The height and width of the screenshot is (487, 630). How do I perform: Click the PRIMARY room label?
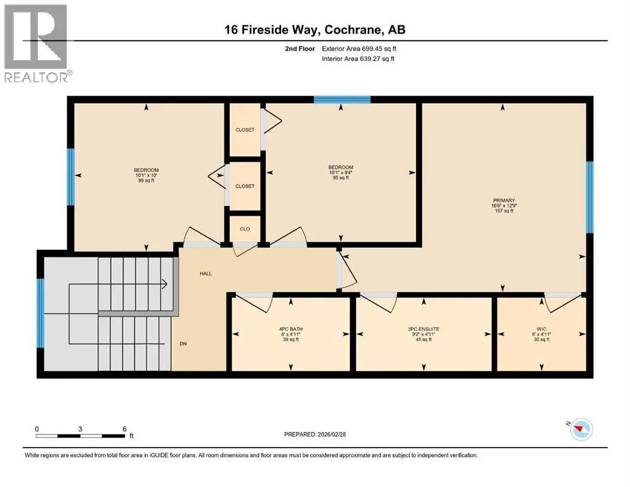504,200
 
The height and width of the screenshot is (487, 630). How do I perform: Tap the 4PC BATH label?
291,329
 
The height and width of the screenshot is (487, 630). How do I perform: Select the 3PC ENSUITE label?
423,329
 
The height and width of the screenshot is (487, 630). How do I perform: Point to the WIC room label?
541,329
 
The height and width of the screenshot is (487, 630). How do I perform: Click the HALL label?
206,273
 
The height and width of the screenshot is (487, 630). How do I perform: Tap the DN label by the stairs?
183,344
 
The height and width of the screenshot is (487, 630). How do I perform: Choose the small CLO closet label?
245,229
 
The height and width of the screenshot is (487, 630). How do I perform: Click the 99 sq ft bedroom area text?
147,181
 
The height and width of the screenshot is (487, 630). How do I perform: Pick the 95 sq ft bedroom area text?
341,178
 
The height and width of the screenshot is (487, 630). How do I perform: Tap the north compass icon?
581,429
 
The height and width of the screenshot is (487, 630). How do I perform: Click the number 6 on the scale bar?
124,429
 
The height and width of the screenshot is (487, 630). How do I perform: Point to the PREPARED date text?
315,434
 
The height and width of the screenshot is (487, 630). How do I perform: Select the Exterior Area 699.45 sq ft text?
359,49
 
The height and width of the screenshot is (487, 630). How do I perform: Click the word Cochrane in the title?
352,30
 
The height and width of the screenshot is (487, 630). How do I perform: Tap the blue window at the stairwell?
40,313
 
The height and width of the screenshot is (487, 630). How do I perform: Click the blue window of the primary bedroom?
589,197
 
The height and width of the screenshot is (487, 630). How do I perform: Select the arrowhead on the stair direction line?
164,284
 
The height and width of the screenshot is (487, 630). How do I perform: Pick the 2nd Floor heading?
300,49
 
